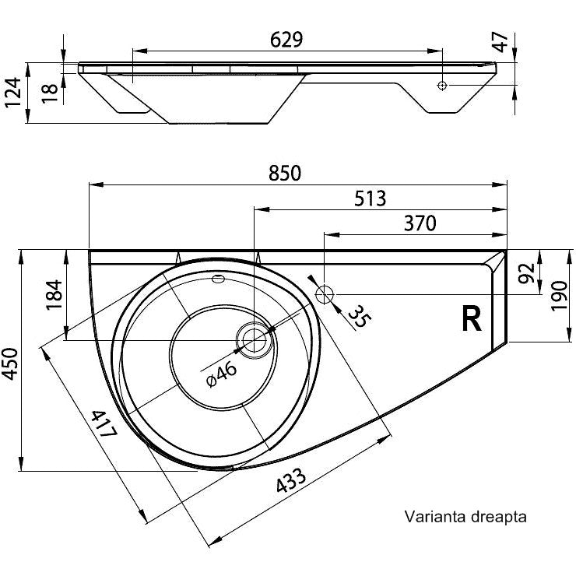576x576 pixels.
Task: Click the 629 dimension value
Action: point(286,40)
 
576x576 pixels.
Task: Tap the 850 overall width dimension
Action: point(285,174)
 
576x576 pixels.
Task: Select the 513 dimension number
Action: point(371,198)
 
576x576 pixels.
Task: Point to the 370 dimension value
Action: point(420,223)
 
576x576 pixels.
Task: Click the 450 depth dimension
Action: point(10,364)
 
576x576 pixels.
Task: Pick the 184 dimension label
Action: point(54,295)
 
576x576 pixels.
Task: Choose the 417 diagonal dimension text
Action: point(104,423)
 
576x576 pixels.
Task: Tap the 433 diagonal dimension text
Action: point(290,480)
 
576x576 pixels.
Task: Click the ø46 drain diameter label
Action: point(222,374)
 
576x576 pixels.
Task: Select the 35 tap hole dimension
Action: point(357,316)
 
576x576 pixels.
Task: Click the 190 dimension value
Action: point(560,296)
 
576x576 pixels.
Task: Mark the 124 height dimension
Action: point(13,92)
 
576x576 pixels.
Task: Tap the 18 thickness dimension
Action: point(50,93)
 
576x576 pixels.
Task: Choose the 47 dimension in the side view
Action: point(500,42)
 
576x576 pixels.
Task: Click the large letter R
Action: point(471,319)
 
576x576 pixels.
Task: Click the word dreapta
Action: point(497,517)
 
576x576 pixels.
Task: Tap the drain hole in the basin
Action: point(255,339)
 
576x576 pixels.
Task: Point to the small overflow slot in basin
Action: point(218,279)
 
